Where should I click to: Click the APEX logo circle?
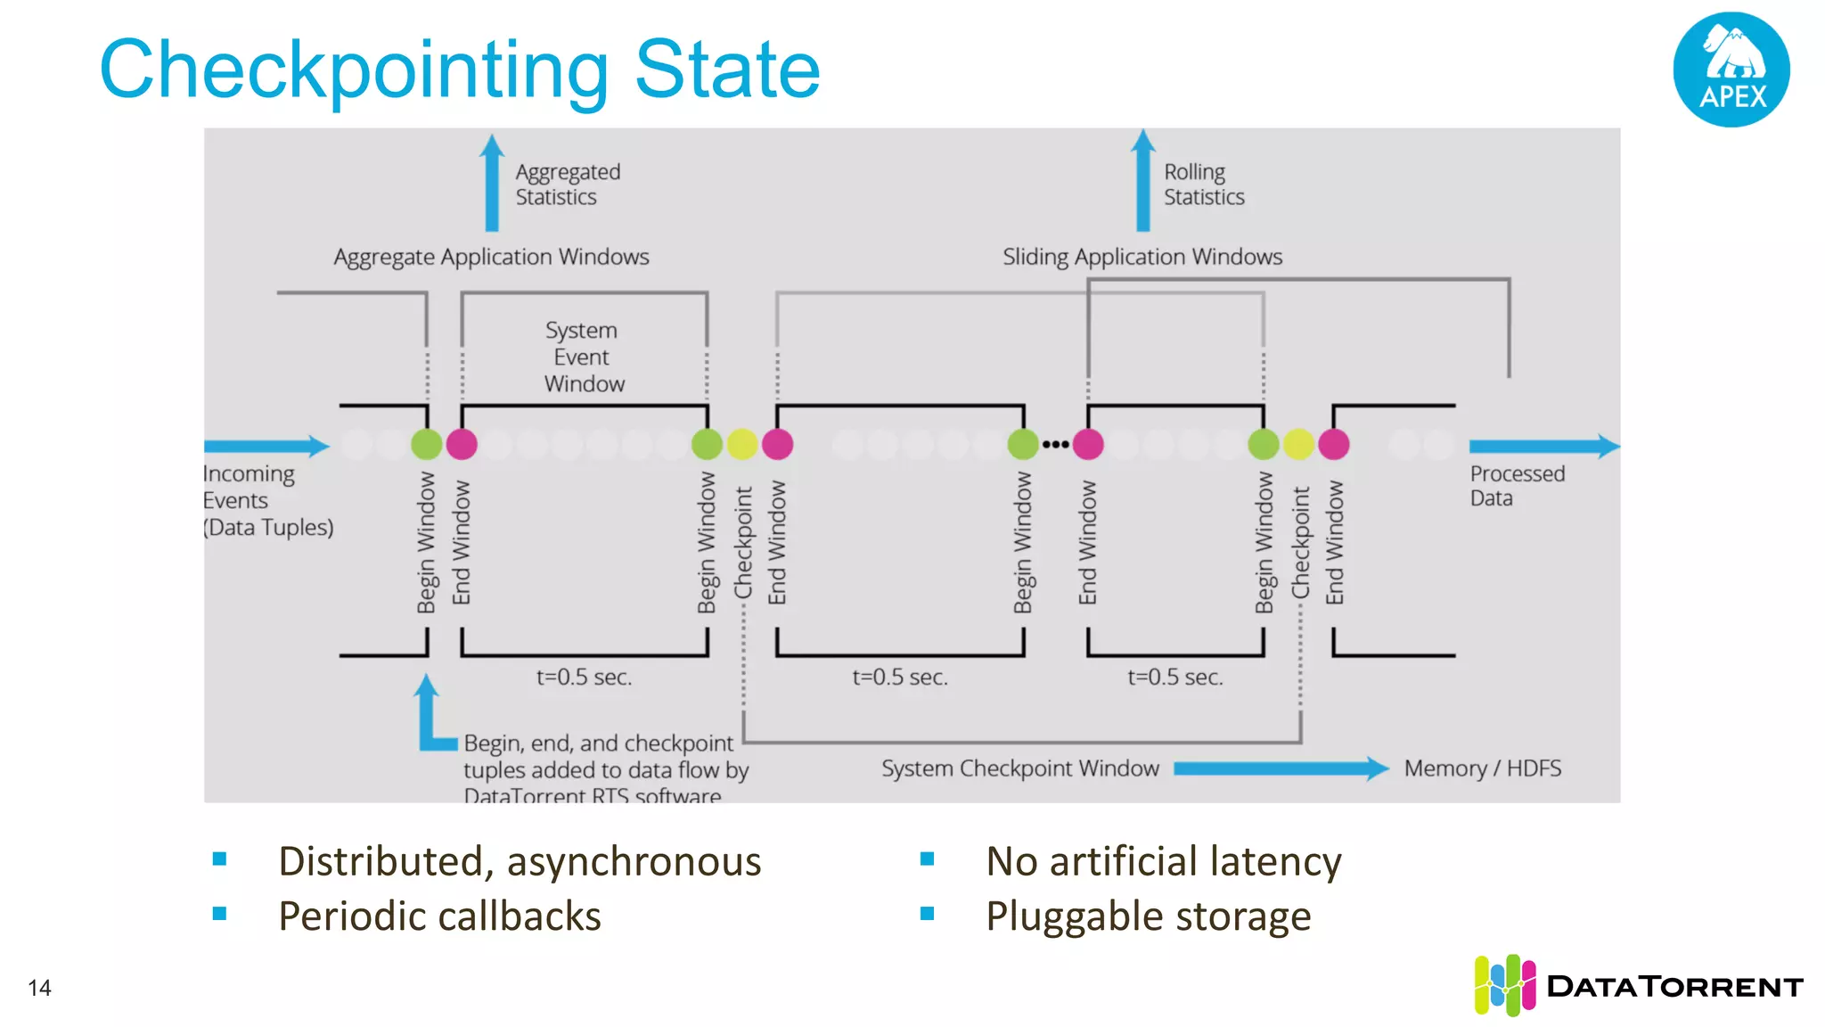(x=1731, y=70)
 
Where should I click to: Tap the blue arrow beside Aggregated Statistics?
(x=492, y=183)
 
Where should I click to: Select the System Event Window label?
(x=584, y=357)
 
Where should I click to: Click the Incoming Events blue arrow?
(x=266, y=446)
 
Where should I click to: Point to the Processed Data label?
(x=1516, y=486)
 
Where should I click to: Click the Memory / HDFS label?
(x=1482, y=768)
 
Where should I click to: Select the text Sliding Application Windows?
(x=1142, y=257)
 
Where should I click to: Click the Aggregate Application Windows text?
(x=491, y=257)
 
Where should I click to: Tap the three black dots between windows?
(x=1055, y=444)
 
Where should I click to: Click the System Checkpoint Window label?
(x=1019, y=768)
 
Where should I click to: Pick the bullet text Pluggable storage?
(x=1148, y=916)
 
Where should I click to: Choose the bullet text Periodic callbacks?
(x=439, y=916)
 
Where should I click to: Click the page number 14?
(x=39, y=988)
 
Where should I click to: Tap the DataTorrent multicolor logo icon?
(x=1504, y=985)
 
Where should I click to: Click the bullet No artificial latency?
(x=1163, y=861)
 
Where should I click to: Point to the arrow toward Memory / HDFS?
(x=1281, y=768)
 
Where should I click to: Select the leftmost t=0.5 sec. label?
(x=584, y=678)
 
